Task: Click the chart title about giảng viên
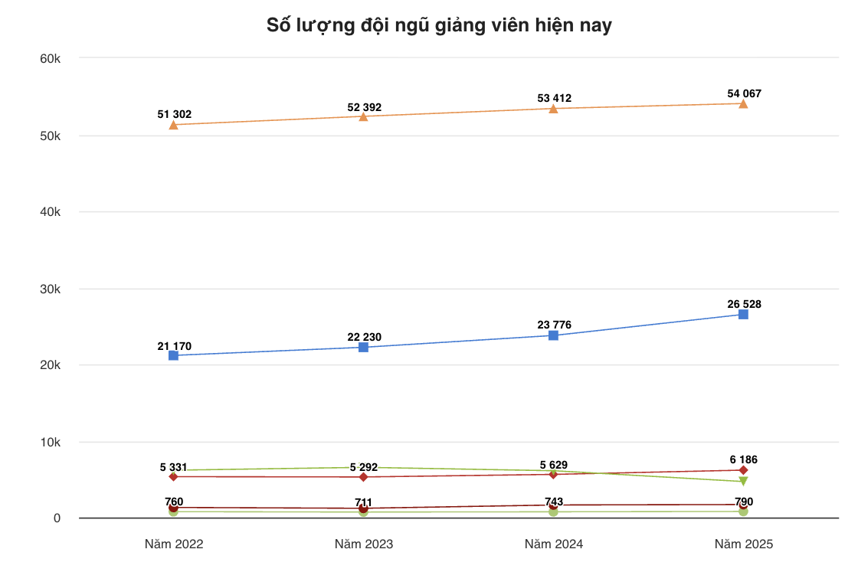[439, 25]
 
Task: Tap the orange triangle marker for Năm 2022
[174, 124]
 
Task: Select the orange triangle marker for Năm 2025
[743, 103]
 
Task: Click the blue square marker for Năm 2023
[363, 347]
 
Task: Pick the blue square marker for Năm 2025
[743, 314]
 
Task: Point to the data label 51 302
[175, 114]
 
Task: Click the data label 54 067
[745, 93]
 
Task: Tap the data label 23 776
[555, 325]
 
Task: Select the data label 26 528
[745, 304]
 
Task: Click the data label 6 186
[744, 459]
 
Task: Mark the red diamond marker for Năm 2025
[743, 470]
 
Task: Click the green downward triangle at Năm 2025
[743, 482]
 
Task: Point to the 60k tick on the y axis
[51, 58]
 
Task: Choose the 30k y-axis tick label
[51, 289]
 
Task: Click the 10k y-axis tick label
[51, 442]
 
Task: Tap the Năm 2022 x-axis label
[174, 544]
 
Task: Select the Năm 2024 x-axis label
[554, 544]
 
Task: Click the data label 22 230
[365, 337]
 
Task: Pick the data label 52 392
[365, 107]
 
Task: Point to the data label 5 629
[554, 465]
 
